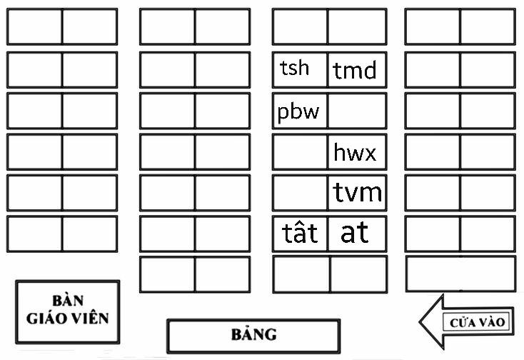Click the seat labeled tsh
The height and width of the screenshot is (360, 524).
click(x=300, y=69)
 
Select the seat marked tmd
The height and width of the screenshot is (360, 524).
click(x=356, y=70)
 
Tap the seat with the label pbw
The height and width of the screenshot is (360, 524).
click(x=300, y=111)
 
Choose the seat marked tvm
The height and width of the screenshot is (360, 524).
click(x=357, y=192)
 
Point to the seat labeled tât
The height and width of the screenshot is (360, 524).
click(x=300, y=234)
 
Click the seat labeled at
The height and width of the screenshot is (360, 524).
click(x=356, y=234)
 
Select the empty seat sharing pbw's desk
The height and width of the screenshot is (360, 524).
click(x=356, y=111)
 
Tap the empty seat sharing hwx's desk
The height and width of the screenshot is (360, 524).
click(x=300, y=151)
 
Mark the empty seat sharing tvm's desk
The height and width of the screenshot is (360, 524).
click(x=300, y=192)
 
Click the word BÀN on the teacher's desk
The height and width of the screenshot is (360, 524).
click(x=68, y=299)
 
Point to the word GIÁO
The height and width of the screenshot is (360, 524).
click(x=49, y=317)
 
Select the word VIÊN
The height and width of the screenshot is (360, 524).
click(x=91, y=317)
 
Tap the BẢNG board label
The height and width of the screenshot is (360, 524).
click(x=253, y=334)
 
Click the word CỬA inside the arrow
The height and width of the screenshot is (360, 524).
click(x=460, y=323)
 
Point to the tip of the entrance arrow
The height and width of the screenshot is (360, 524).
click(x=421, y=322)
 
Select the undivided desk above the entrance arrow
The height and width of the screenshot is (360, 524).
click(x=460, y=274)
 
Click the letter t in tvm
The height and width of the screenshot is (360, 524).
click(x=339, y=192)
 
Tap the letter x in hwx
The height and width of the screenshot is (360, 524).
click(x=369, y=153)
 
